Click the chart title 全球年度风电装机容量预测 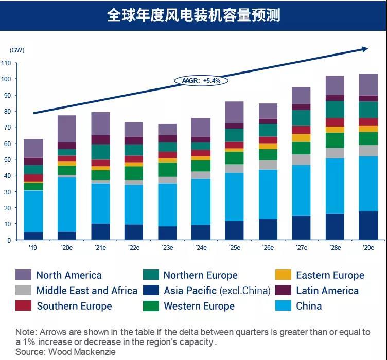193,15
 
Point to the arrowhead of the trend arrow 365,49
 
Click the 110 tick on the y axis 6,63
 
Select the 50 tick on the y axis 7,160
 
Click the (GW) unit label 17,50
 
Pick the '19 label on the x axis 33,247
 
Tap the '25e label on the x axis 234,247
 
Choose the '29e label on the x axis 368,247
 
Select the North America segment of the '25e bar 234,112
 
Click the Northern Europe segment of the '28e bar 335,110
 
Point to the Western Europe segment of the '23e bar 167,170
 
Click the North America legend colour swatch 23,275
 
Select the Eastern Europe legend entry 330,275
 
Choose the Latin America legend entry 327,291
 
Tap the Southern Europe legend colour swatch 23,306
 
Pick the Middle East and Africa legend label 87,291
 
